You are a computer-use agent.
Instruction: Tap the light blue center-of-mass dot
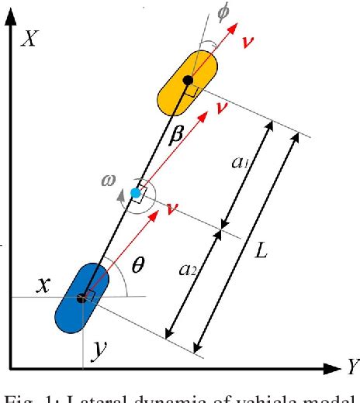tap(136, 193)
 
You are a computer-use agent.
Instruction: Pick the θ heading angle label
tap(138, 265)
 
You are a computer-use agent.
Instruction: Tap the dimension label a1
tap(241, 164)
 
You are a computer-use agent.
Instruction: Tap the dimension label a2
tap(187, 268)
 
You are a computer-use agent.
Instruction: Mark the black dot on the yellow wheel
tap(187, 80)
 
